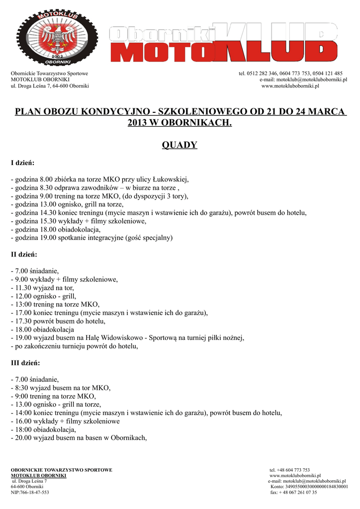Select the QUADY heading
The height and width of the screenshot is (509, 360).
pos(180,145)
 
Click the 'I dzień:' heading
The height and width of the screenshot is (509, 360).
pos(22,163)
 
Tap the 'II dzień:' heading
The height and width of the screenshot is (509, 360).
pos(24,254)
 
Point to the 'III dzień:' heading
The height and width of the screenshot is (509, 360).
pos(25,363)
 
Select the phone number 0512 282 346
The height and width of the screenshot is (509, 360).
pos(263,74)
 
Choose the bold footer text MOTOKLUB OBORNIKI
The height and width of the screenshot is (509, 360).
pos(39,476)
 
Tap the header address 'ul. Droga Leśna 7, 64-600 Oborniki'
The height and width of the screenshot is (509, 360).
pos(50,86)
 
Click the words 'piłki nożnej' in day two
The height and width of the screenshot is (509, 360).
pos(225,338)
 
